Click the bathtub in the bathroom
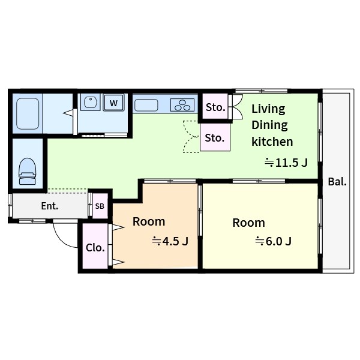pos(28,113)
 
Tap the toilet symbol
pos(28,171)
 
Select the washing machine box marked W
pos(113,103)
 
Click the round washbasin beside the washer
pos(91,102)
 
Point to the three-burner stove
pos(182,105)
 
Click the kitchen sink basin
pos(146,105)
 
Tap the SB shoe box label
pos(100,206)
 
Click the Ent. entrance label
pos(50,206)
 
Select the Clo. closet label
pos(95,248)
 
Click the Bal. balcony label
pos(337,182)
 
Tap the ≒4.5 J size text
pos(170,241)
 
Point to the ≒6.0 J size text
pos(273,241)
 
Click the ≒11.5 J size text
pos(286,163)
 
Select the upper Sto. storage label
pos(215,107)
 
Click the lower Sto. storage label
pos(214,138)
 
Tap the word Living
pos(268,109)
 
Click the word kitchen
pos(272,142)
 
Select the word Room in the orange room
pos(149,222)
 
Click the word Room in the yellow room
pos(248,223)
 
